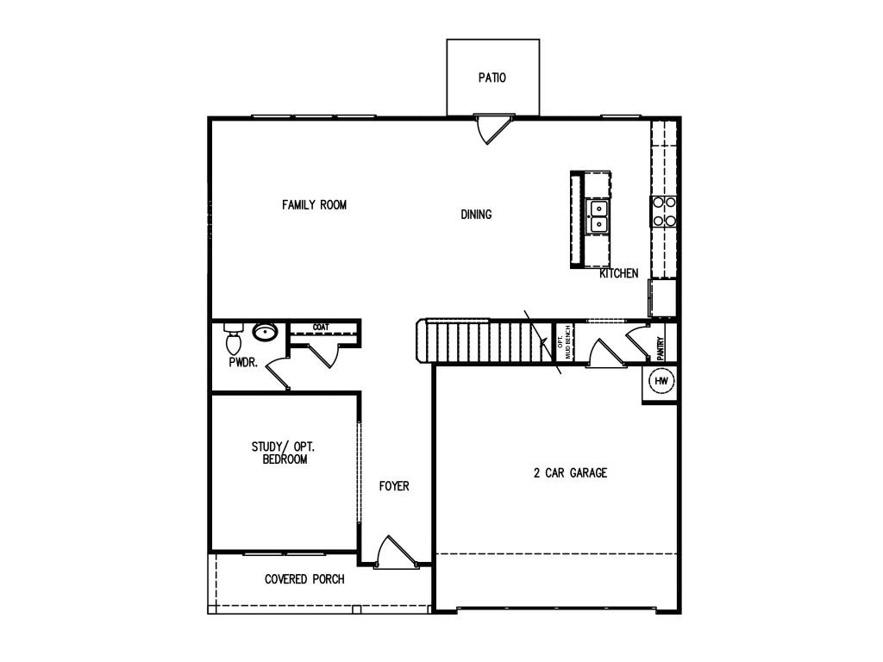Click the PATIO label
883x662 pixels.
tap(492, 78)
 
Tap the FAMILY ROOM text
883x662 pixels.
tap(314, 204)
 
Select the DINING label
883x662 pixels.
tap(476, 215)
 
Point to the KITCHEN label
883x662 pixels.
tap(619, 273)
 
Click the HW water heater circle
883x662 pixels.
tap(661, 381)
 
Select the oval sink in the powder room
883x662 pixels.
tap(265, 332)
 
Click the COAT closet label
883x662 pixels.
tap(321, 327)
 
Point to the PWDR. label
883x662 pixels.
tap(243, 363)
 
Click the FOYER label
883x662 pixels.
tap(394, 486)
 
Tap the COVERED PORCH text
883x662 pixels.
tap(304, 579)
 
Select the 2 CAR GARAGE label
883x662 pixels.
tap(571, 473)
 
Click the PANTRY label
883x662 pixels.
tap(661, 348)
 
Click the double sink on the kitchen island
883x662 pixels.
tap(598, 215)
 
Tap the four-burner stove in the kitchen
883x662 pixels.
tap(663, 211)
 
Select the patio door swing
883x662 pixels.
tap(493, 129)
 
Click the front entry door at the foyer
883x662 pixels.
tap(396, 552)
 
